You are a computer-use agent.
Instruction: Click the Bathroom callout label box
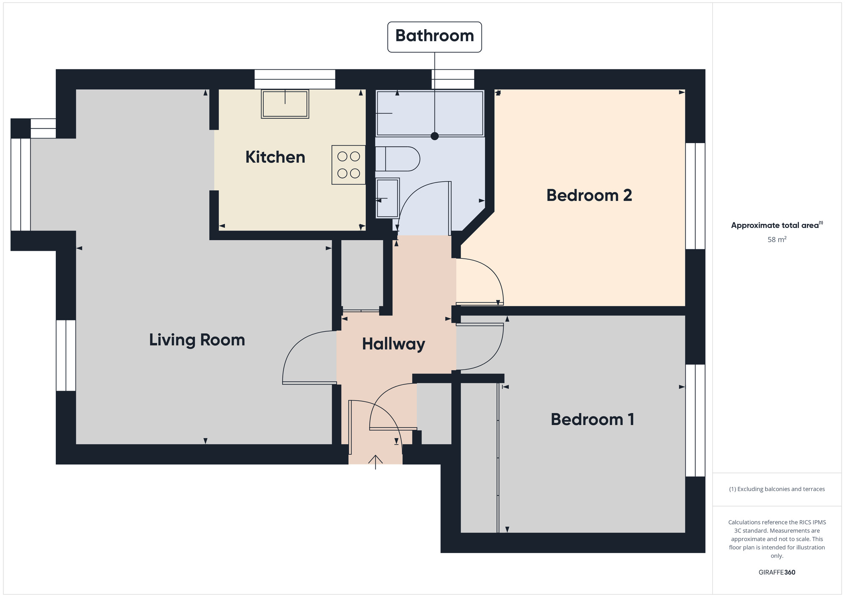tap(434, 37)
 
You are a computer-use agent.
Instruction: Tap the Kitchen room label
tap(275, 157)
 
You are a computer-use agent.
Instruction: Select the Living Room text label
tap(197, 340)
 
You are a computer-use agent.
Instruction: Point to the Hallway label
tap(393, 344)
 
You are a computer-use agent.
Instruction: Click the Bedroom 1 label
tap(592, 419)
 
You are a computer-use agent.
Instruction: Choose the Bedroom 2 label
tap(589, 195)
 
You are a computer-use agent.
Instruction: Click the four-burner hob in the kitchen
tap(349, 165)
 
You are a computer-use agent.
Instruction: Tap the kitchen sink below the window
tap(285, 104)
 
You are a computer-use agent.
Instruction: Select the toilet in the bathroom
tap(397, 159)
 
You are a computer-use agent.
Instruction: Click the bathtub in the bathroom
tap(430, 113)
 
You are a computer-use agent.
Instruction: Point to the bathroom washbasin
tap(387, 198)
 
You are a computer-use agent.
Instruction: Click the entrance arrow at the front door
tap(376, 461)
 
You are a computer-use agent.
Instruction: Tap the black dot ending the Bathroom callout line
tap(434, 136)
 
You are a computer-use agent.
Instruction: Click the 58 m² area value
tap(777, 239)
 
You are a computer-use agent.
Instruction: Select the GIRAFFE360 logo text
tap(777, 572)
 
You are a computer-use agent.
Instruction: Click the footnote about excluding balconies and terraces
tap(777, 489)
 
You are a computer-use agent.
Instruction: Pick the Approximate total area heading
tap(777, 225)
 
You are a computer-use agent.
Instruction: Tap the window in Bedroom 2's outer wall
tap(695, 196)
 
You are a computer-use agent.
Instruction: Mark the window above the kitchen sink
tap(294, 79)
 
